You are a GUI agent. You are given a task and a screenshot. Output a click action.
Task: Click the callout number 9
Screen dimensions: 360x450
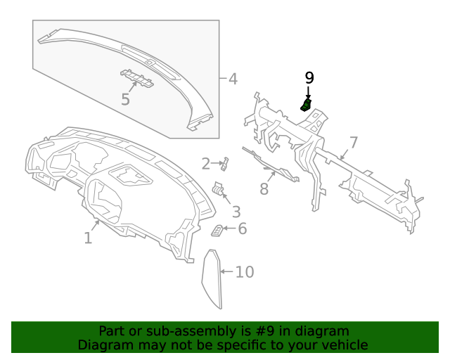click(309, 77)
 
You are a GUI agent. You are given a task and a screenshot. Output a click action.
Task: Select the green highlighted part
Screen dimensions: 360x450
click(306, 105)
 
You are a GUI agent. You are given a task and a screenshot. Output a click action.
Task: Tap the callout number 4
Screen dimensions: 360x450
click(233, 78)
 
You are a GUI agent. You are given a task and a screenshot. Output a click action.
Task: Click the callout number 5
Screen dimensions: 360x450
click(125, 100)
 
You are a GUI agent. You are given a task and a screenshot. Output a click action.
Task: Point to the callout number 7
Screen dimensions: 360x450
click(354, 143)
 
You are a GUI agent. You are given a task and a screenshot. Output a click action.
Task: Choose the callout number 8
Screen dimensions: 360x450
click(264, 188)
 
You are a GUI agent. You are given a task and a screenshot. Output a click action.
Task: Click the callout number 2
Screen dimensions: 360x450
click(205, 164)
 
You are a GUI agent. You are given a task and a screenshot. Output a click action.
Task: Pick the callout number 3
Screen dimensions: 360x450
click(236, 211)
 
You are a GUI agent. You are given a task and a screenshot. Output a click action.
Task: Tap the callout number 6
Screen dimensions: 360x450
click(243, 229)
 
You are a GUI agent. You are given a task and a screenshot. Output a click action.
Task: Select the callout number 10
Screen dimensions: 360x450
click(244, 271)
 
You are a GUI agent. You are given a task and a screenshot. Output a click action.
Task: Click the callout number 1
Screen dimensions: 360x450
click(88, 238)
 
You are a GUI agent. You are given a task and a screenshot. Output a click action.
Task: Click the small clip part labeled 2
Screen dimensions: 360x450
click(224, 165)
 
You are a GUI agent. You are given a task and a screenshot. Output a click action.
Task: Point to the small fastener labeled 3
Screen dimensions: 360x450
click(219, 188)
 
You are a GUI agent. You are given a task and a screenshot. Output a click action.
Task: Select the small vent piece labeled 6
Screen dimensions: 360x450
click(218, 231)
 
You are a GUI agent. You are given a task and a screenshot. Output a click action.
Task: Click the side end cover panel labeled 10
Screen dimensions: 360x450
click(212, 278)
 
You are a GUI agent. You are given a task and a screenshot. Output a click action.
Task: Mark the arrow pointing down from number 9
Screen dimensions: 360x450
click(308, 93)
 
